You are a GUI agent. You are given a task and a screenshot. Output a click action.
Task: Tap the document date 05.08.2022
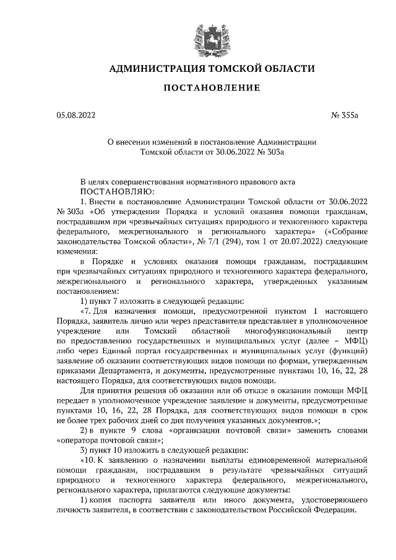point(75,115)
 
